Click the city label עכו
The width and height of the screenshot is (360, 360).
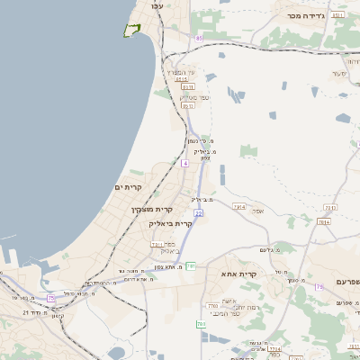(x=157, y=6)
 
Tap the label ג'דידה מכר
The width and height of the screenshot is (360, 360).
(x=305, y=15)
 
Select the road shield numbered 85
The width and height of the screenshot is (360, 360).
(x=198, y=38)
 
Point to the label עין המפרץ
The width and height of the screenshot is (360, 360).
(x=191, y=72)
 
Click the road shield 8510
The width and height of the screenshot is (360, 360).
(x=182, y=79)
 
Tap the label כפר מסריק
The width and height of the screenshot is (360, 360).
(x=194, y=96)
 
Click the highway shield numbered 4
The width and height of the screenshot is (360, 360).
(x=184, y=163)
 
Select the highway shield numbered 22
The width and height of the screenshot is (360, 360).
(x=198, y=212)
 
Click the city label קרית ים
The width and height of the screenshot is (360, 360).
(x=130, y=186)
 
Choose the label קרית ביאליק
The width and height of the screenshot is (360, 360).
(x=171, y=223)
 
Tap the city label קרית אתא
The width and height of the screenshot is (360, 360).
(x=238, y=273)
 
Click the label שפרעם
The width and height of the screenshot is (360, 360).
(x=346, y=282)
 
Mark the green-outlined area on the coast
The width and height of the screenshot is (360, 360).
(x=131, y=30)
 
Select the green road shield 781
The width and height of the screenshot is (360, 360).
(x=213, y=307)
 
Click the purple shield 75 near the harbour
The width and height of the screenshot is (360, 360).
(x=51, y=298)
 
